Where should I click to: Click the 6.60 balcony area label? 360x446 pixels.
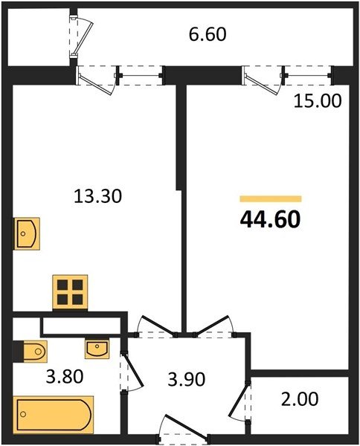point(208,34)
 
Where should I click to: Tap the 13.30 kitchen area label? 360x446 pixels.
point(97,196)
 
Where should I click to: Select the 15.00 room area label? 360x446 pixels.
point(318,101)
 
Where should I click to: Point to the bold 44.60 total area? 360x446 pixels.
point(270,220)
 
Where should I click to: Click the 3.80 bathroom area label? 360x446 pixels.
point(65,376)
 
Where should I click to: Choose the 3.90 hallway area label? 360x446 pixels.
point(187,379)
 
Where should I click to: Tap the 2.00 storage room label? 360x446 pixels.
point(300,398)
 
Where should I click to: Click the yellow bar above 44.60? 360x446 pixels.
point(271,198)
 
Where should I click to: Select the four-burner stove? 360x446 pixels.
point(70,292)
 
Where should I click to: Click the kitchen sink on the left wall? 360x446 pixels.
point(27,234)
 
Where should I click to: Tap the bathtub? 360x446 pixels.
point(54,415)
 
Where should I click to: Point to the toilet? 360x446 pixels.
point(30,352)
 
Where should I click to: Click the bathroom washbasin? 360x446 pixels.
point(97,349)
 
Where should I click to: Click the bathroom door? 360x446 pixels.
point(132,373)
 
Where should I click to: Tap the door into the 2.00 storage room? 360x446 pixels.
point(240,401)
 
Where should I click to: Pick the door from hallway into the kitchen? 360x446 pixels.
point(155,327)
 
